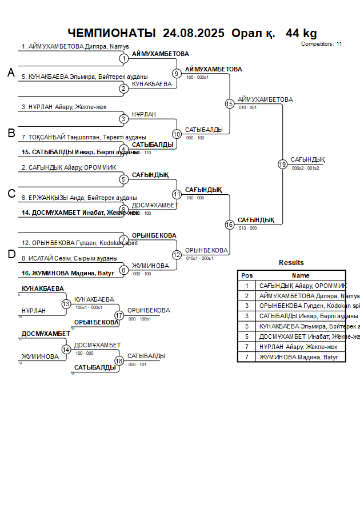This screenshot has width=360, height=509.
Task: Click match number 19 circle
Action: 282,165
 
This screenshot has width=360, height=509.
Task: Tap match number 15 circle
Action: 230,104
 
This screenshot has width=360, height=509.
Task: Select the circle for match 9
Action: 177,74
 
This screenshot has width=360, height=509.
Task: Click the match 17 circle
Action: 119,315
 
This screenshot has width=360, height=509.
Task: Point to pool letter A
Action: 11,73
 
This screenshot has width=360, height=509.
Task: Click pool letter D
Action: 11,255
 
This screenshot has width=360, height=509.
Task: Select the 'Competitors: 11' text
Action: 322,43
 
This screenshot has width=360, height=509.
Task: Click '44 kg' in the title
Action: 301,33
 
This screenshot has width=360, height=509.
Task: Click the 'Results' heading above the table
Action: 291,263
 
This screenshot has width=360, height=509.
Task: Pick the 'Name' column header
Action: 301,275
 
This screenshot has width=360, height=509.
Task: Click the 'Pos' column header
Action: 247,275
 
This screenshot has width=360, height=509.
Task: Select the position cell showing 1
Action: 247,286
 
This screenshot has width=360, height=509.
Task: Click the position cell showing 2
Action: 247,296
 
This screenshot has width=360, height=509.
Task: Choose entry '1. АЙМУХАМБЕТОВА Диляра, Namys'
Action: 75,47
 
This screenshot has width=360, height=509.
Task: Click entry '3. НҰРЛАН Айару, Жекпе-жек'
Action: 63,107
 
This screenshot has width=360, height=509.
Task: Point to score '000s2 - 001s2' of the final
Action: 305,169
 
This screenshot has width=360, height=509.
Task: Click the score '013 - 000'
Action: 247,228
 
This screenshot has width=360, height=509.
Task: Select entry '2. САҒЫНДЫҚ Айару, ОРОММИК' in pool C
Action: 69,167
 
